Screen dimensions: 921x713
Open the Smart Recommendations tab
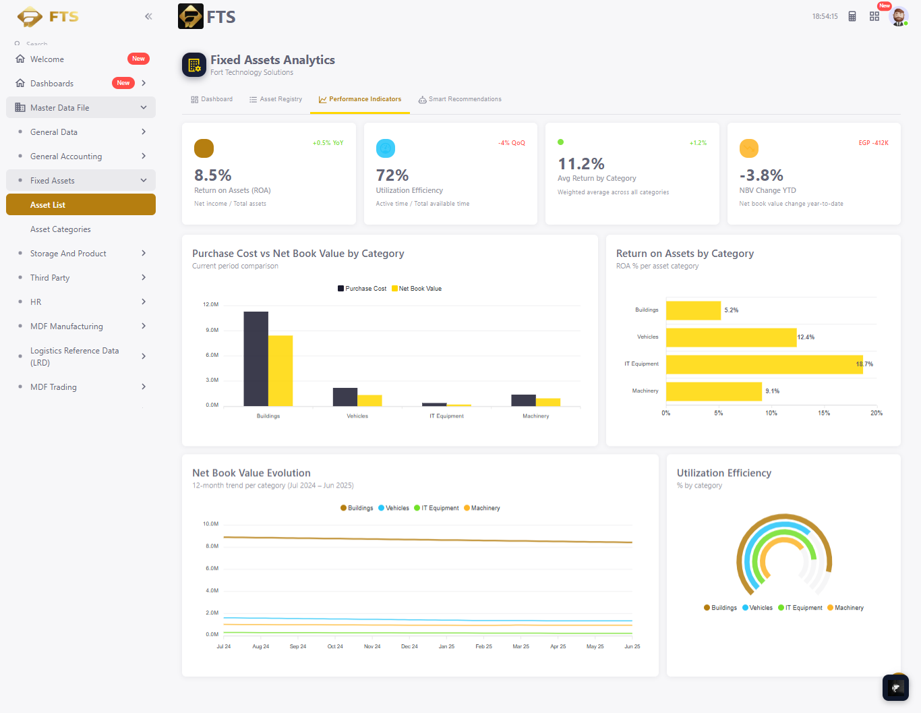[x=460, y=99]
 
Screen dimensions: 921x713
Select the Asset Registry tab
[x=276, y=99]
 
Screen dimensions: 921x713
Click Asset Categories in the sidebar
[x=60, y=229]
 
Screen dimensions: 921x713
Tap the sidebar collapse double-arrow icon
[x=148, y=17]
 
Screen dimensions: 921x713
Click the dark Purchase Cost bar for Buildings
[x=256, y=359]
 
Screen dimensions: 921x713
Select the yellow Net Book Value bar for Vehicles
[x=369, y=401]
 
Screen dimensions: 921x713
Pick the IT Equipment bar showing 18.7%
[x=764, y=364]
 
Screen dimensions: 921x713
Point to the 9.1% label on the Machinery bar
[x=772, y=391]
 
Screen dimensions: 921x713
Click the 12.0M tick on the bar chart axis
[x=210, y=304]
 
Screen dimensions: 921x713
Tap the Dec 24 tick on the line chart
[x=409, y=646]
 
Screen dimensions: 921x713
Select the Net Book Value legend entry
[x=417, y=289]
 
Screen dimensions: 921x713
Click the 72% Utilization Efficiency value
[x=392, y=175]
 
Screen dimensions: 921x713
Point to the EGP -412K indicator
[x=873, y=143]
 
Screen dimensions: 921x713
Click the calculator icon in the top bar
[x=852, y=17]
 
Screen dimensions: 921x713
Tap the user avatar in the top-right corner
[x=899, y=17]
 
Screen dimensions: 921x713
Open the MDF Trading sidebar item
[x=53, y=387]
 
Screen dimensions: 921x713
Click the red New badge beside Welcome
[x=138, y=59]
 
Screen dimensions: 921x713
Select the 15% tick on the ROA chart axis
[x=824, y=413]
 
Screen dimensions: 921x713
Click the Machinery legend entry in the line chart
[x=482, y=508]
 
